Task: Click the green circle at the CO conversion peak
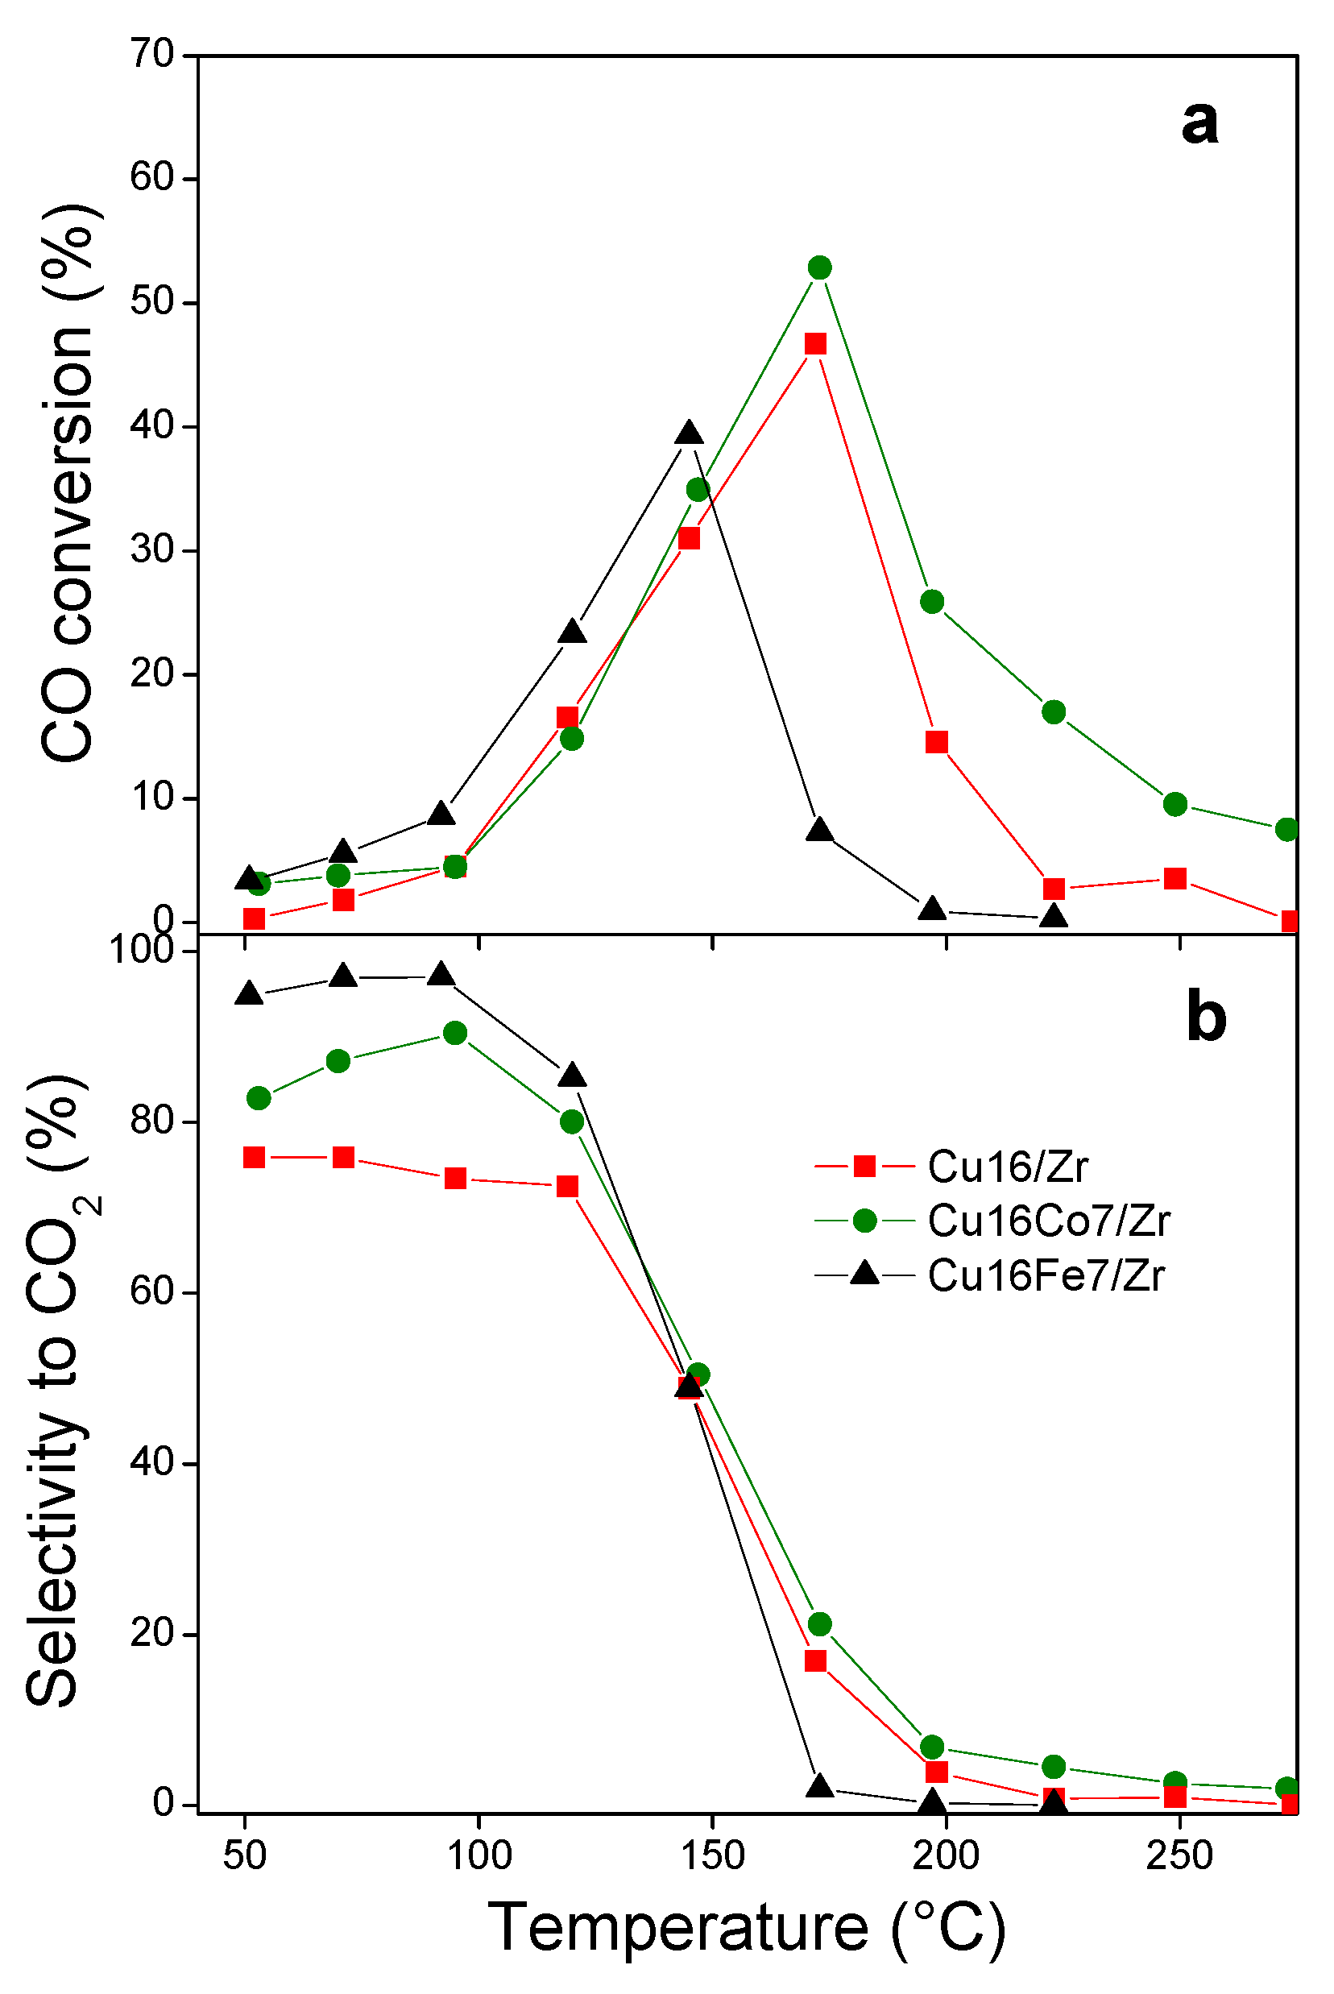pyautogui.click(x=819, y=268)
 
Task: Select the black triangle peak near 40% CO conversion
pyautogui.click(x=689, y=433)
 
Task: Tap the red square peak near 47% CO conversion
pyautogui.click(x=815, y=344)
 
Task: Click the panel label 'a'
pyautogui.click(x=1199, y=122)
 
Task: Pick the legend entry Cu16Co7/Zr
pyautogui.click(x=1048, y=1221)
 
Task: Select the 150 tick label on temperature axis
pyautogui.click(x=712, y=1855)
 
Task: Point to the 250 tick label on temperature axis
pyautogui.click(x=1179, y=1855)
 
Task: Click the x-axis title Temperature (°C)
pyautogui.click(x=747, y=1929)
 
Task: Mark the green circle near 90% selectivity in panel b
pyautogui.click(x=455, y=1033)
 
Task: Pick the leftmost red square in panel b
pyautogui.click(x=254, y=1157)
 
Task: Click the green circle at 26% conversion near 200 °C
pyautogui.click(x=933, y=602)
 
